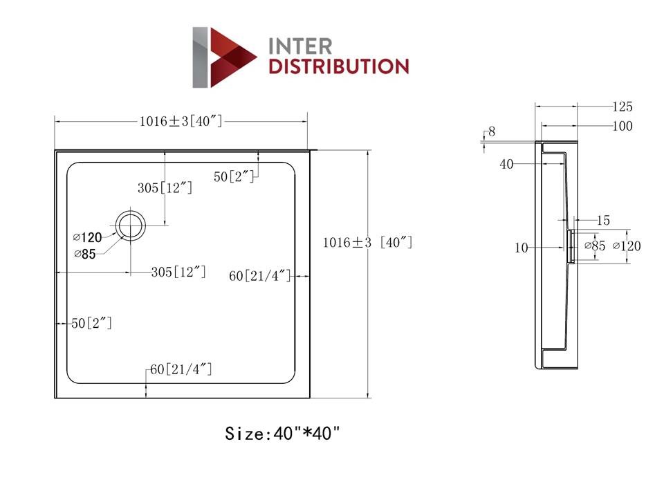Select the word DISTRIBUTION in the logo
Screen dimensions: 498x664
338,67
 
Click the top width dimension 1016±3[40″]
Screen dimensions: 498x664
181,122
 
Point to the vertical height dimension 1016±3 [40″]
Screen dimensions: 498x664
367,243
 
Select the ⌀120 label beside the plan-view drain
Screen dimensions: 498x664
88,237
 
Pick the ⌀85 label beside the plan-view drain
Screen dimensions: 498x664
85,254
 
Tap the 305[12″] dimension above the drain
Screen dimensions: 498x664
165,187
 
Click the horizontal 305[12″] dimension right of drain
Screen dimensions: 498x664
178,272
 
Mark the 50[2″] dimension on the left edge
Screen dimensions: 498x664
91,323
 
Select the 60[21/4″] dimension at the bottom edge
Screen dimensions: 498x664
181,370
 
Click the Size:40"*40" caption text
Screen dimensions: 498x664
283,434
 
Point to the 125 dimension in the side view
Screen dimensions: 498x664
622,107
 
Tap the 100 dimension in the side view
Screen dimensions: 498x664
622,127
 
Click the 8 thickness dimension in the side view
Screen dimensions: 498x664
492,131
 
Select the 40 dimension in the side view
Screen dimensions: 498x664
506,164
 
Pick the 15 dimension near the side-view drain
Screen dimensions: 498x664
602,221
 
